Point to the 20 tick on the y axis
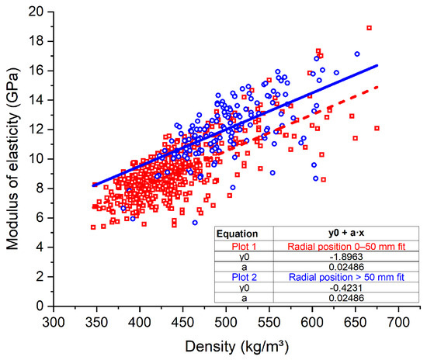click(35, 11)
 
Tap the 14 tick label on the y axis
click(35, 99)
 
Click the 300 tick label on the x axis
click(53, 321)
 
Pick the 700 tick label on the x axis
click(398, 321)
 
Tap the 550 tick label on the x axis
click(269, 321)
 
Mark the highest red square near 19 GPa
click(369, 28)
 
